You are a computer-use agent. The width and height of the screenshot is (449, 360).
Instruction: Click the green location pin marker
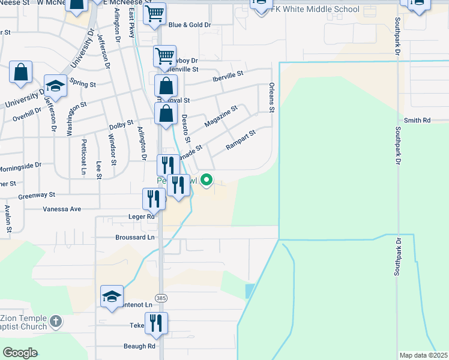click(x=206, y=179)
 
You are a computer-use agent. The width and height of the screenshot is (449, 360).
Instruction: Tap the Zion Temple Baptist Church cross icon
click(x=56, y=321)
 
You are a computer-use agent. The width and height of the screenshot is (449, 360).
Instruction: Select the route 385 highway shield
click(x=160, y=298)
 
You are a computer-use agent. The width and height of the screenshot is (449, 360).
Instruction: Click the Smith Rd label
click(x=418, y=121)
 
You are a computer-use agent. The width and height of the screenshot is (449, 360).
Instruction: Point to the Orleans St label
click(x=271, y=98)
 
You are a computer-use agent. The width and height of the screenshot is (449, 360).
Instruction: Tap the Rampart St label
click(x=240, y=140)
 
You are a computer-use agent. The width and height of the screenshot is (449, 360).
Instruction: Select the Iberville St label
click(x=228, y=76)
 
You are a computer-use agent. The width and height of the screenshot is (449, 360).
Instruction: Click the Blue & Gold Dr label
click(x=190, y=25)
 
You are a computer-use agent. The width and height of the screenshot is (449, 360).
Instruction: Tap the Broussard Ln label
click(x=135, y=238)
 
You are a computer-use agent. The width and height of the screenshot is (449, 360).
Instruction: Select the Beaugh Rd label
click(x=140, y=346)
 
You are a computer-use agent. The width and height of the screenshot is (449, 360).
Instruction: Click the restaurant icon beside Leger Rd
click(x=154, y=199)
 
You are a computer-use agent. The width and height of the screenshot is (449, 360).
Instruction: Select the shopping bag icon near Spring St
click(x=20, y=72)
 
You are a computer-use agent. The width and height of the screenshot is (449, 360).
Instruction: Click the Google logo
click(x=20, y=353)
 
